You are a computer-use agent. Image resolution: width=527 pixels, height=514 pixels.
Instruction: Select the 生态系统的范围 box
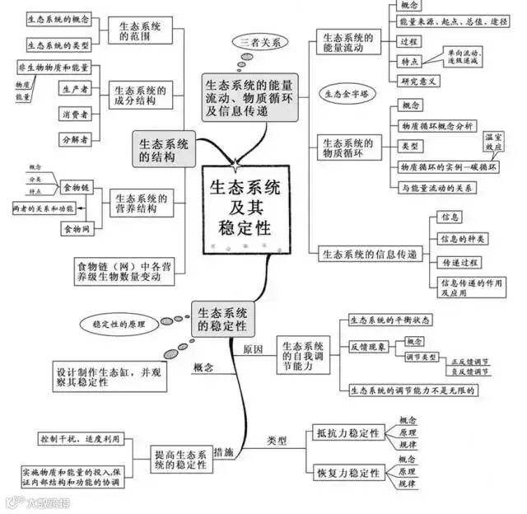pyautogui.click(x=140, y=30)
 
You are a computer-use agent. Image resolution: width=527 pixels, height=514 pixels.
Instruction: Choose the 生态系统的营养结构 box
pyautogui.click(x=141, y=203)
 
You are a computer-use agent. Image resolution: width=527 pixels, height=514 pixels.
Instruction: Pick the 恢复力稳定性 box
pyautogui.click(x=347, y=474)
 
